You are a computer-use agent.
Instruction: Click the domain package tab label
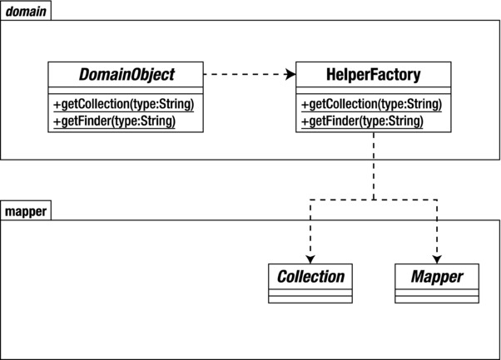pos(25,11)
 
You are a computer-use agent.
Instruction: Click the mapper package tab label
pos(25,211)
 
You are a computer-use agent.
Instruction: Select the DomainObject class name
pos(127,75)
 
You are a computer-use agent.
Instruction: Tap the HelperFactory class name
pos(374,75)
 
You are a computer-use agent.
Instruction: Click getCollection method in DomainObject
pos(124,105)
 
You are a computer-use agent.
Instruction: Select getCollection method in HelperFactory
pos(371,105)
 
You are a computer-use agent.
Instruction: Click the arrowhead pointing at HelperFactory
pos(290,75)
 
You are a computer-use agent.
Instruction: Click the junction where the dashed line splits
pos(374,200)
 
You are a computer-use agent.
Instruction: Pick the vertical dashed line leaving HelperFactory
pos(374,166)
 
